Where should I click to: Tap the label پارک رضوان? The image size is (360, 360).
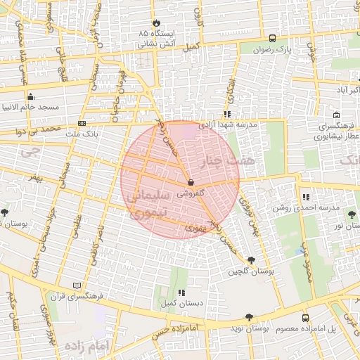tap(272, 50)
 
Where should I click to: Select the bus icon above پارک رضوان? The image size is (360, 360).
tap(272, 39)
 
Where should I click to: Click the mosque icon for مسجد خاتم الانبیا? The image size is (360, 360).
tap(30, 97)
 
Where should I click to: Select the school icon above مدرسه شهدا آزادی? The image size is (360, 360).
tap(226, 113)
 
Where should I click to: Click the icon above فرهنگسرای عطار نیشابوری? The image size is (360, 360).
tap(337, 115)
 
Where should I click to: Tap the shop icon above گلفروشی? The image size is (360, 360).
tap(191, 183)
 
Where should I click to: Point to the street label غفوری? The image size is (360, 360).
tap(193, 228)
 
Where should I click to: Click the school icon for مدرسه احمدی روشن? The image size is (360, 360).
tap(304, 198)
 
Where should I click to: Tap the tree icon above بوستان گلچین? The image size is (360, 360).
tap(252, 261)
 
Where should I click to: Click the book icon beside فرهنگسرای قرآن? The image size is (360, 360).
tap(77, 285)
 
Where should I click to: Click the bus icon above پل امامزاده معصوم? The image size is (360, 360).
tap(304, 318)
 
